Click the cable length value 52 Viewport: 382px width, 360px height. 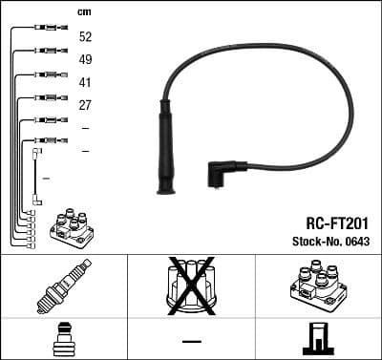tap(86, 36)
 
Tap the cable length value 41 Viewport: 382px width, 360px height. tap(86, 83)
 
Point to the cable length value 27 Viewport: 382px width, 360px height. tap(86, 106)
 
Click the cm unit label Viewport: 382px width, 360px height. tap(84, 12)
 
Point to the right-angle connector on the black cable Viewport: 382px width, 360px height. tap(223, 175)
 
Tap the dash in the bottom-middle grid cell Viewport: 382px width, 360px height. tap(191, 340)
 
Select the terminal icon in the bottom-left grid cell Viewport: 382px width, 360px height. tap(63, 339)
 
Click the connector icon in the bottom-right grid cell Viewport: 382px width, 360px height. tap(318, 339)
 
